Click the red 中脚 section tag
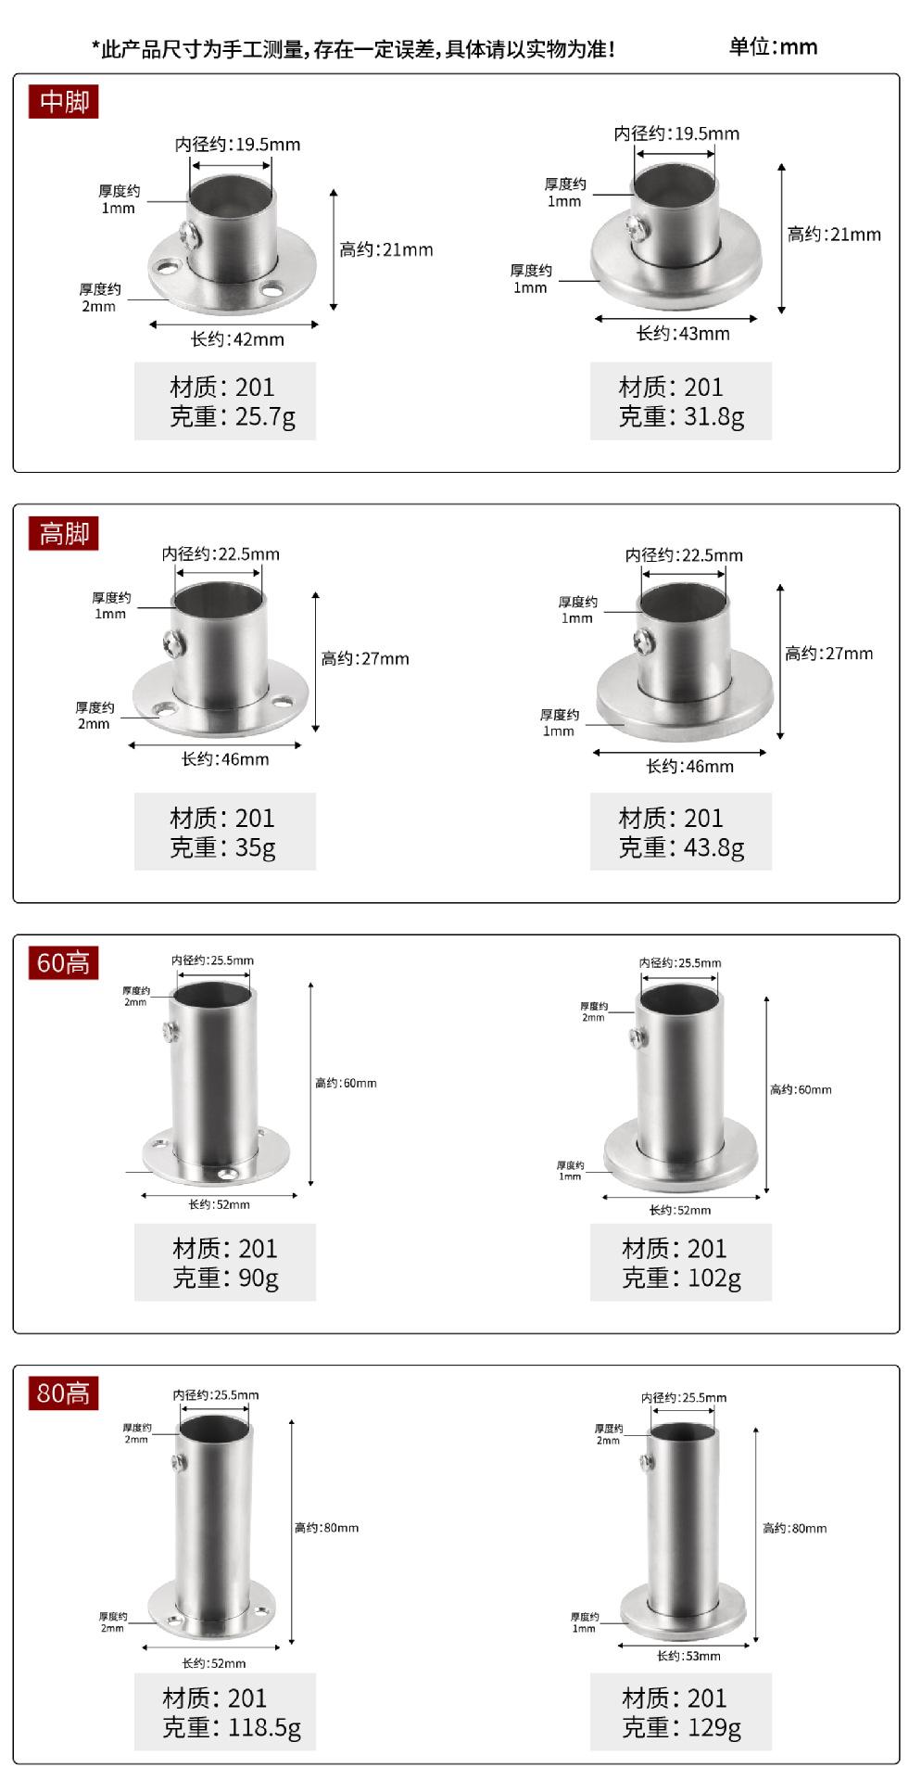(x=63, y=101)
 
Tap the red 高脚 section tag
(x=63, y=533)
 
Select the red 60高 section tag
(x=63, y=963)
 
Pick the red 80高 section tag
(x=63, y=1393)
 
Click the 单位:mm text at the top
(x=773, y=46)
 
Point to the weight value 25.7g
(x=265, y=416)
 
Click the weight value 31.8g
(x=713, y=416)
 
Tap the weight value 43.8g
(x=713, y=847)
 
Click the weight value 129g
(x=713, y=1727)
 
